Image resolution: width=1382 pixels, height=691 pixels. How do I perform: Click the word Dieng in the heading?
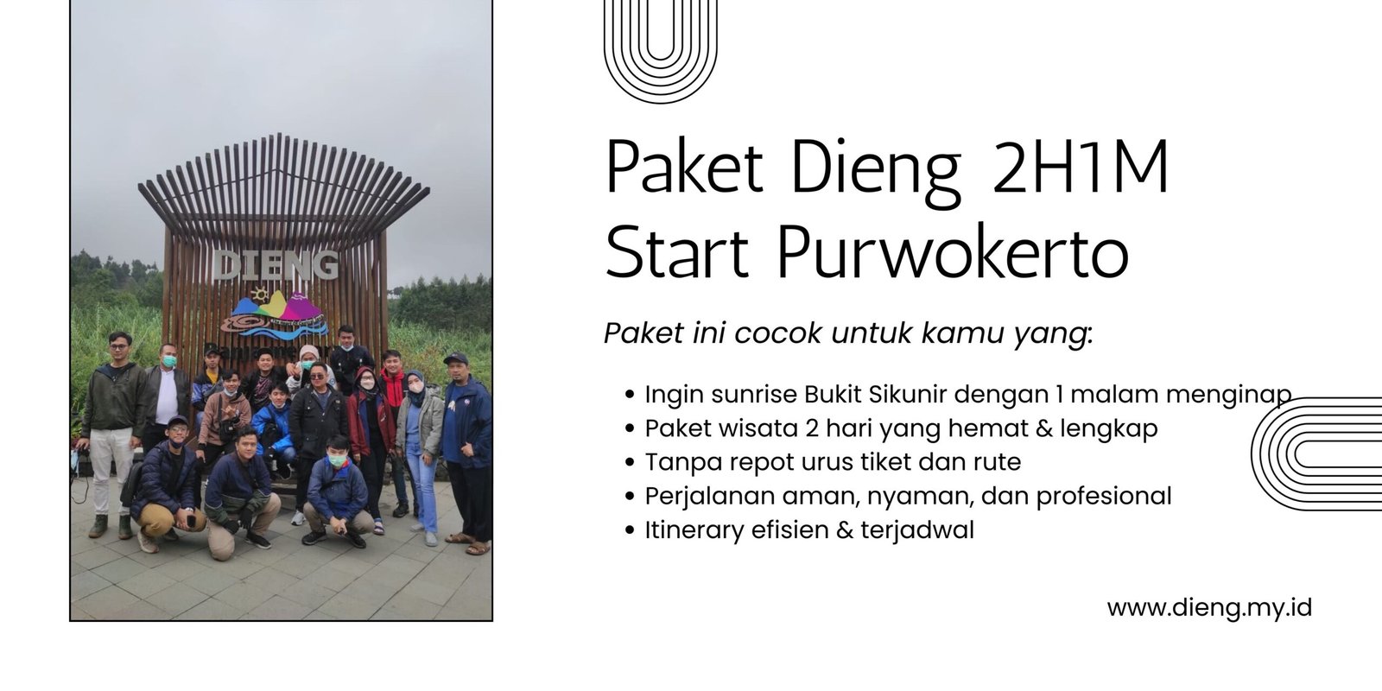coord(875,168)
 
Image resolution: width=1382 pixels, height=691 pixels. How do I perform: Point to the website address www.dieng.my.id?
coord(1209,607)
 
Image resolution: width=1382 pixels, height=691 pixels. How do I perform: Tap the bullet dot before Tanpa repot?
coord(631,463)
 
